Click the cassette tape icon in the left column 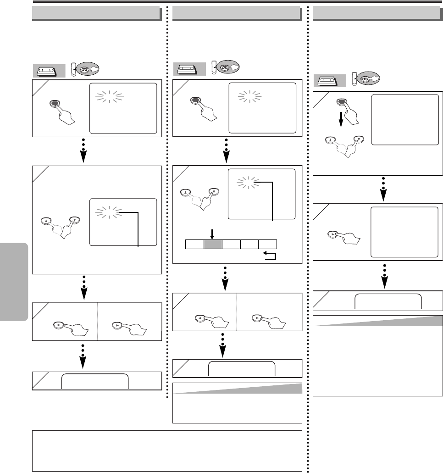[x=45, y=71]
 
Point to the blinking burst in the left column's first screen [x=109, y=95]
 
